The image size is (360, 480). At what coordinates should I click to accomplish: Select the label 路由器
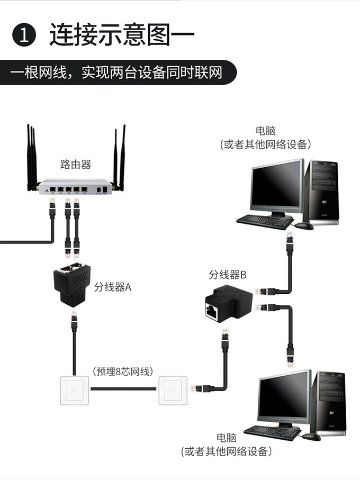tap(76, 165)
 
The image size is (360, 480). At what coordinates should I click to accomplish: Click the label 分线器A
tap(113, 287)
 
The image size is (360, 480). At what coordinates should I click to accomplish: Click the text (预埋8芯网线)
tap(122, 371)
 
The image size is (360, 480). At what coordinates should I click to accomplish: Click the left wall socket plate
tap(75, 390)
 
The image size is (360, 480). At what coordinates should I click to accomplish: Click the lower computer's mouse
tap(311, 437)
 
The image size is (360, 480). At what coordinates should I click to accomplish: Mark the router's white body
tap(75, 188)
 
